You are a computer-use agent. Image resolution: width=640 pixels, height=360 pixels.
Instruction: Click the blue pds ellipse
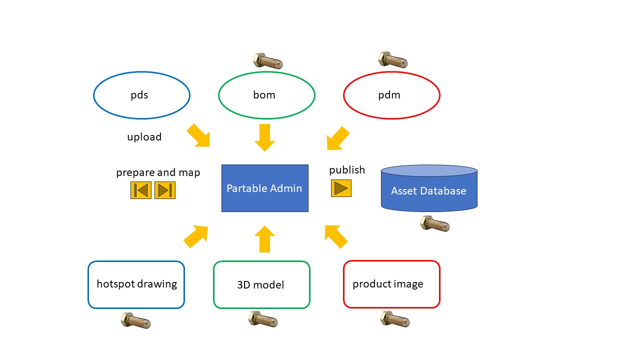[141, 95]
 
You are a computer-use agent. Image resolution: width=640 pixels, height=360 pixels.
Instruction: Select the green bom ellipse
[266, 95]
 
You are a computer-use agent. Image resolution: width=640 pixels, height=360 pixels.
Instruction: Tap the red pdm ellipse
[391, 95]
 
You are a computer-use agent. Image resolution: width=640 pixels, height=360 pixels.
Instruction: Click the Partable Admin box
[264, 188]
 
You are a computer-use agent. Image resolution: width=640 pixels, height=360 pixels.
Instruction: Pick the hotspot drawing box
[136, 284]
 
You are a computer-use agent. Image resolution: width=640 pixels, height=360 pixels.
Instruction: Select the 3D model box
[261, 284]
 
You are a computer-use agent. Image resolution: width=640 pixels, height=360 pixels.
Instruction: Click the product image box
[391, 284]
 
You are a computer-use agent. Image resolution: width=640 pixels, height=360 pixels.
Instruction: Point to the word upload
[144, 137]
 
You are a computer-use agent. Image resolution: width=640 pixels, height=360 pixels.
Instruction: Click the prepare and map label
[158, 172]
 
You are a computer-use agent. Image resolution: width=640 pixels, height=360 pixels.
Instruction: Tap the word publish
[347, 170]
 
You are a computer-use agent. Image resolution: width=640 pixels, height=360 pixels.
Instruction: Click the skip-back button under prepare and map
[141, 190]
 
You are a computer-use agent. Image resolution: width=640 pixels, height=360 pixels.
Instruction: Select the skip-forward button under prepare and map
[165, 190]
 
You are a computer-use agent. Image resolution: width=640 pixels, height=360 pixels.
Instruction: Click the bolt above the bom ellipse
[267, 61]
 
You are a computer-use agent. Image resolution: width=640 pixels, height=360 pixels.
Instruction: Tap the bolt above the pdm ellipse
[392, 59]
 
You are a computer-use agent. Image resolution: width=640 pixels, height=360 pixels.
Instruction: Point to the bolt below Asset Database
[434, 223]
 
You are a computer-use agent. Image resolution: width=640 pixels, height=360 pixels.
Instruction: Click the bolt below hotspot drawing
[135, 320]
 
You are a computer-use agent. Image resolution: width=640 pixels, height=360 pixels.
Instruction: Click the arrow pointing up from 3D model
[265, 238]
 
